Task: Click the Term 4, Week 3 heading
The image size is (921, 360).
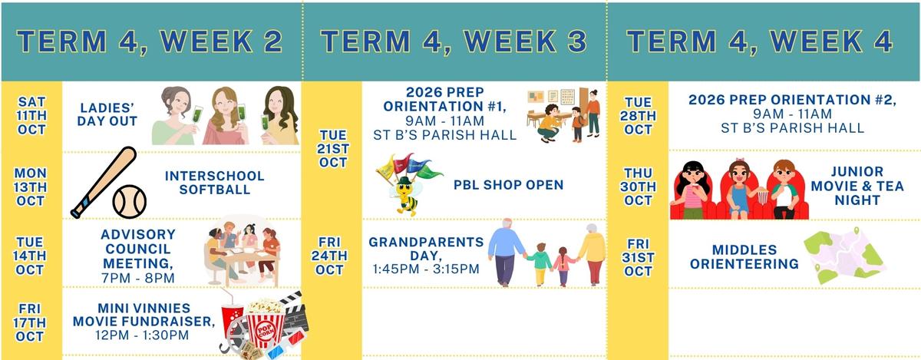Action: [454, 41]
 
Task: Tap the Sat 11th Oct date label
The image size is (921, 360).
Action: [31, 116]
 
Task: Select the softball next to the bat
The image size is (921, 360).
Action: [130, 202]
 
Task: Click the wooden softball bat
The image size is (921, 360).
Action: [104, 182]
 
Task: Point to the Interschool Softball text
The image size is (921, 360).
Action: [215, 183]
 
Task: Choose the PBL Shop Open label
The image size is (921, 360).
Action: [509, 185]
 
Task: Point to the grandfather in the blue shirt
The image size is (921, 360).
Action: [506, 252]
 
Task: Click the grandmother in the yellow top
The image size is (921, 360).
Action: [592, 254]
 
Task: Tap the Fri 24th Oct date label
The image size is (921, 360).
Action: [329, 256]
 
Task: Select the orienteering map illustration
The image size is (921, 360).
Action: [843, 256]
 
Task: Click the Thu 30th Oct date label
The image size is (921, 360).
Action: [638, 187]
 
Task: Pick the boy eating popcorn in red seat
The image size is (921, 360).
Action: [784, 190]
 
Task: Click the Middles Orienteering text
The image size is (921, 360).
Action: [744, 256]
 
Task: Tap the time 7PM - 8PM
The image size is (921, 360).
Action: [138, 278]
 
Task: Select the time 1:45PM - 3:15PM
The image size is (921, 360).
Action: [426, 269]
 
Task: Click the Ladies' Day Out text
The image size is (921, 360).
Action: [107, 114]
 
